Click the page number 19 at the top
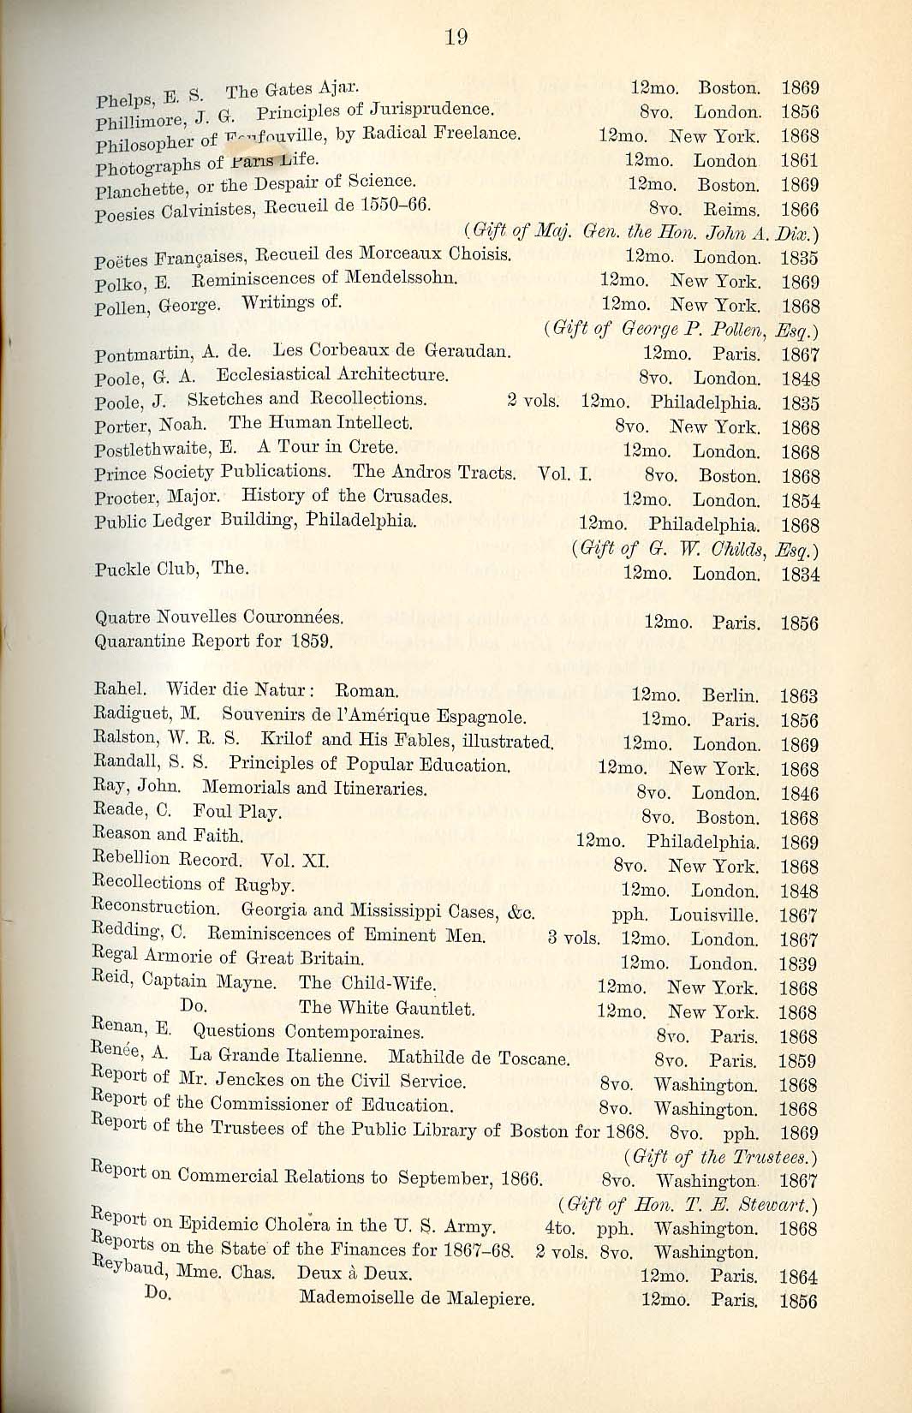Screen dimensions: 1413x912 456,37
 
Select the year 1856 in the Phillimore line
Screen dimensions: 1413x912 800,112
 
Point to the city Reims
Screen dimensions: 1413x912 731,209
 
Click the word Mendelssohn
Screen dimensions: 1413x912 401,277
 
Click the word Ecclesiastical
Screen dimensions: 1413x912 272,375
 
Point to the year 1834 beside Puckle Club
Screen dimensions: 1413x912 800,575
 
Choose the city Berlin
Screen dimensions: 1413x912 730,695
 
